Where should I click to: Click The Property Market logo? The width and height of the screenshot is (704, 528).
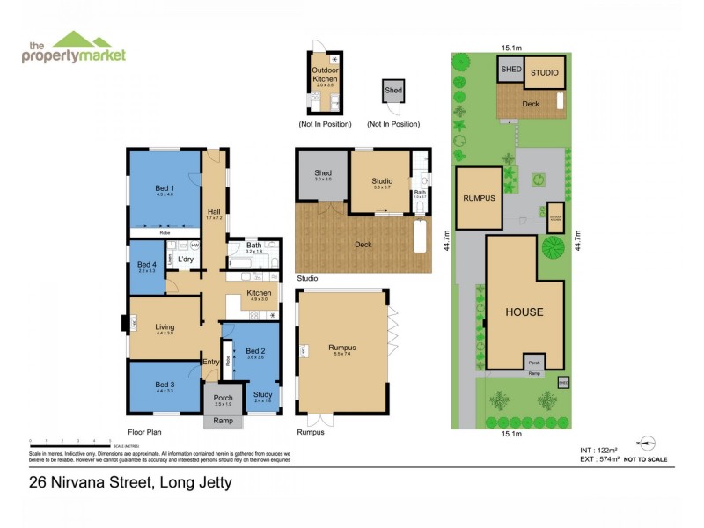pyautogui.click(x=74, y=48)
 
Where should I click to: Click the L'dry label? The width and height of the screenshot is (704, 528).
pyautogui.click(x=185, y=260)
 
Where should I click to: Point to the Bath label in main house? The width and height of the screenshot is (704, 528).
pyautogui.click(x=254, y=246)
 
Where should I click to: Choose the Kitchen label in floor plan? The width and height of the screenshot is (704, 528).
pyautogui.click(x=259, y=293)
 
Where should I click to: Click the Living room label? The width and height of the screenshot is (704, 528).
pyautogui.click(x=165, y=326)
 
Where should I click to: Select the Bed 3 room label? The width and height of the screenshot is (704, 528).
pyautogui.click(x=165, y=385)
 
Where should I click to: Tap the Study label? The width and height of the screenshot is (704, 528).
pyautogui.click(x=262, y=394)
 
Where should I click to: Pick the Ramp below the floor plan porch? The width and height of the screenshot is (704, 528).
pyautogui.click(x=224, y=422)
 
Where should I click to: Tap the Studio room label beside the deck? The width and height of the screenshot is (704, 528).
pyautogui.click(x=382, y=181)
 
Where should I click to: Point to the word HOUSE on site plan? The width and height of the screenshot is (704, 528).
pyautogui.click(x=524, y=312)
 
